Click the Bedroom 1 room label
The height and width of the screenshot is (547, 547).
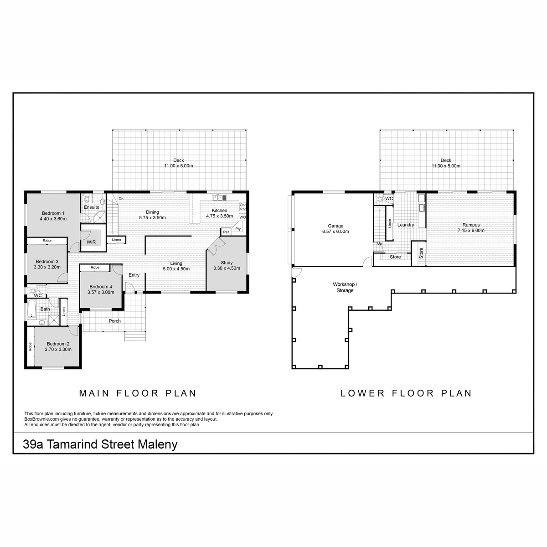pos(53,213)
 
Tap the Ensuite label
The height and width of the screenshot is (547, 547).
pos(92,207)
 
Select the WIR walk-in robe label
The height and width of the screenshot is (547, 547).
pos(91,242)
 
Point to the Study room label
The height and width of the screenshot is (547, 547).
pos(227,263)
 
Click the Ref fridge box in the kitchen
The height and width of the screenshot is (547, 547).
pos(226,232)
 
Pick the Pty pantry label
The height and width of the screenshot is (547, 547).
pos(238,229)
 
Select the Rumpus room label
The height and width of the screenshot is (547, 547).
pos(471,225)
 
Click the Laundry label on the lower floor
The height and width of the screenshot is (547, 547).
pos(405,225)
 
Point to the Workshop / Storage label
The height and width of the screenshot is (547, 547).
pos(345,287)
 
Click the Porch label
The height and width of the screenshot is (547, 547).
pos(115,321)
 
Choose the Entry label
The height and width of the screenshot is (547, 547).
pos(134,275)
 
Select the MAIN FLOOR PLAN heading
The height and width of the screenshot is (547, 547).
pos(138,393)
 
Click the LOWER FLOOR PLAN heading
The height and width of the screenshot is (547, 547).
pos(406,393)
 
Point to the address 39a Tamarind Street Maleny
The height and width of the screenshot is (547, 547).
pos(100,444)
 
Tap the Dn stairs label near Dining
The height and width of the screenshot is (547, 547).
pos(121,199)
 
